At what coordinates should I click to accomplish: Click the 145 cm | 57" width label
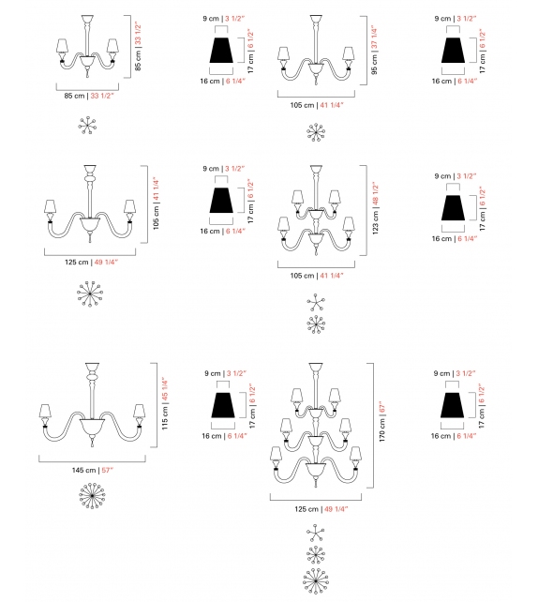click(93, 470)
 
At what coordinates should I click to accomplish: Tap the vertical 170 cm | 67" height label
click(382, 422)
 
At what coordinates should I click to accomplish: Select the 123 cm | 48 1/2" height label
click(375, 208)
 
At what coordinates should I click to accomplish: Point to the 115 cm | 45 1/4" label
click(165, 403)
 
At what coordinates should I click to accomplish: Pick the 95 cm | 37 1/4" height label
click(375, 50)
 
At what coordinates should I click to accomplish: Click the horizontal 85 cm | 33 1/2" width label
click(89, 96)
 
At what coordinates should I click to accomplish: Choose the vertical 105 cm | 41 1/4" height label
click(156, 203)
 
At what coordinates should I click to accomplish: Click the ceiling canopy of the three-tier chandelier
click(316, 367)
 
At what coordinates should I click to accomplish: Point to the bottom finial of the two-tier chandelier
click(316, 250)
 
